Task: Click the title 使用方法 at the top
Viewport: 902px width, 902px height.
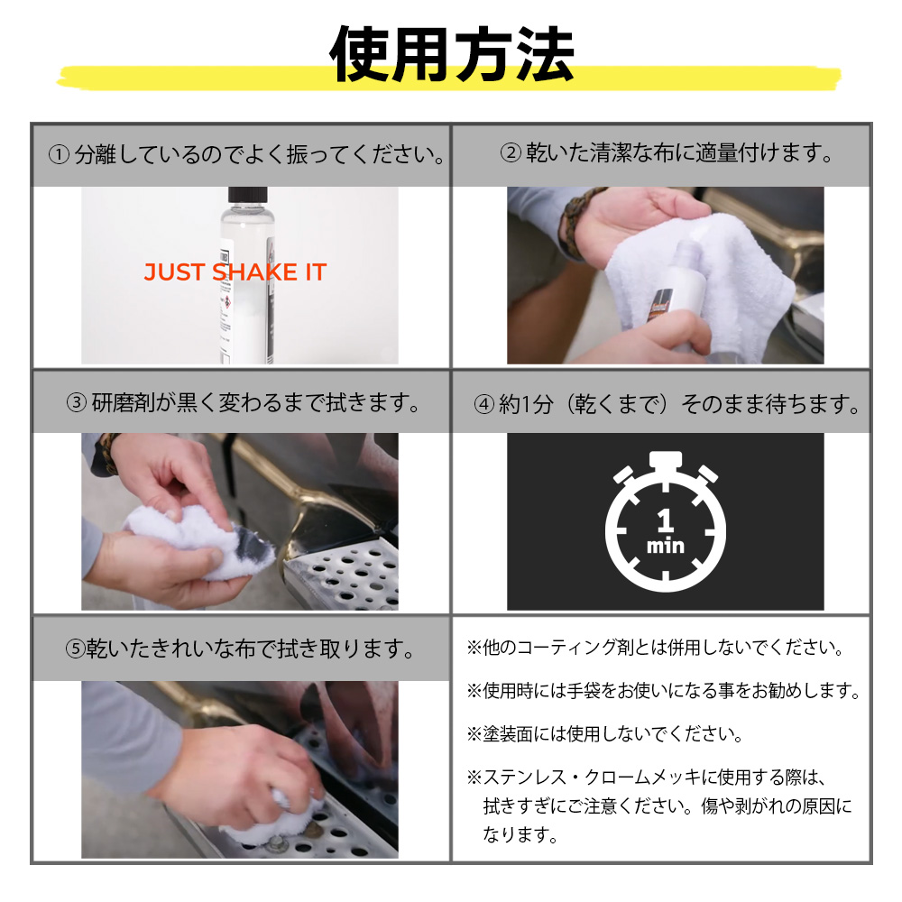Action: (x=452, y=55)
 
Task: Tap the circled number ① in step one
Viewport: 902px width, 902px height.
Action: (x=60, y=155)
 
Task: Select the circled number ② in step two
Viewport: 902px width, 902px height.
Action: (x=511, y=153)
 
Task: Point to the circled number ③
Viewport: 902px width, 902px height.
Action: (x=76, y=402)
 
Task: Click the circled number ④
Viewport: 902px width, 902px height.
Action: (x=483, y=404)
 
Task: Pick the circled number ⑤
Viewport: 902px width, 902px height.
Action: (x=76, y=649)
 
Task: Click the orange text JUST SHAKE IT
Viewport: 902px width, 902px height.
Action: (x=235, y=272)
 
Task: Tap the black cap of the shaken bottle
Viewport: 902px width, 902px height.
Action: (x=247, y=195)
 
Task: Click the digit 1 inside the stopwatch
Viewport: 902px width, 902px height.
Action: (x=666, y=520)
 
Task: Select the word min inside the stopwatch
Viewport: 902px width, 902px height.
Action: (x=666, y=545)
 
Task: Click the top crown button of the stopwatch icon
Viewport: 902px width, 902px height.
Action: (x=666, y=460)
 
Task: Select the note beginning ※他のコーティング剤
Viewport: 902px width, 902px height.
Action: (x=655, y=648)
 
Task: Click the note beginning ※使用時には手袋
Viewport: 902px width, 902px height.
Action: (x=664, y=690)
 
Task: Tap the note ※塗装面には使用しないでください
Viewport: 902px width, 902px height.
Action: (x=605, y=734)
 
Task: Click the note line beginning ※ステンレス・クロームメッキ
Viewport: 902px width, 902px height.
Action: (x=647, y=778)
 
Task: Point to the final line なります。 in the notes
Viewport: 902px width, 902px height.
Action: (x=520, y=834)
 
